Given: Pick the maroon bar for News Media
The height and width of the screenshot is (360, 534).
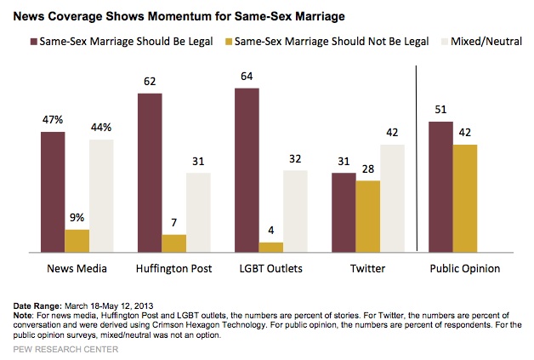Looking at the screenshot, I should (53, 192).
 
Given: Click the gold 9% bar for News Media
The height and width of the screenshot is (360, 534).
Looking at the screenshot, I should (77, 241).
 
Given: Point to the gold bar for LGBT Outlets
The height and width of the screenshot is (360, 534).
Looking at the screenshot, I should (271, 248).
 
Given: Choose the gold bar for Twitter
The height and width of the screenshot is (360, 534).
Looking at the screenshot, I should (367, 216).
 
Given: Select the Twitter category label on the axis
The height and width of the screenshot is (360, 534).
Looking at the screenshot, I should (367, 269).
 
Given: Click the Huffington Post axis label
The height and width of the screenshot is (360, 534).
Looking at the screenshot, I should (173, 269).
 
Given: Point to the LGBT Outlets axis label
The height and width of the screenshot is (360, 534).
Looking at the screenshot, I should (270, 269).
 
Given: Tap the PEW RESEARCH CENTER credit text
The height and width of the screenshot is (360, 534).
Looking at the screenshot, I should (58, 349).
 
